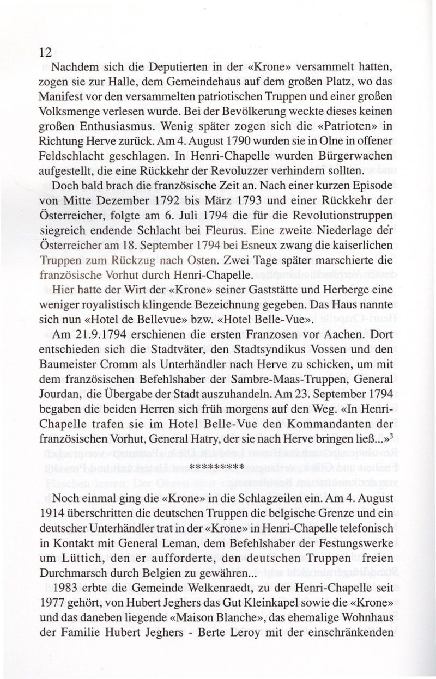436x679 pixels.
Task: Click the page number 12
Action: click(45, 52)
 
